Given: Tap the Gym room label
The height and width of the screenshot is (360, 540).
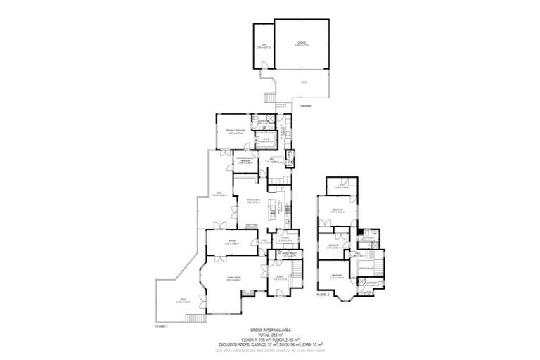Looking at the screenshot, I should [263, 46].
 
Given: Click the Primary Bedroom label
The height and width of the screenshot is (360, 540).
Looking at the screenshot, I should [234, 131].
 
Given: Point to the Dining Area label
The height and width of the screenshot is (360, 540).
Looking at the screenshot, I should [253, 201].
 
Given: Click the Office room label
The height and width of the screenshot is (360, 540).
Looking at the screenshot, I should [230, 241].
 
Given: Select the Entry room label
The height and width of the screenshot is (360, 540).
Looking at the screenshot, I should [278, 278].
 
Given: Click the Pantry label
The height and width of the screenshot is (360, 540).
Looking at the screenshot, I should [288, 239].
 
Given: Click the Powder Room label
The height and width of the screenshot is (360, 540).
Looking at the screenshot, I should [291, 254].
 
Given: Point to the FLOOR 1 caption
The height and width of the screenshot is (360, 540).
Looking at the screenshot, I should [162, 327].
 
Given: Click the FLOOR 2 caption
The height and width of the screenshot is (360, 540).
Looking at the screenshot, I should [323, 295].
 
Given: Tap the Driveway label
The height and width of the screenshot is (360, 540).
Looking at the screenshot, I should [305, 105].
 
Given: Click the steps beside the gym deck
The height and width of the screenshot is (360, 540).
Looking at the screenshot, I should [269, 97].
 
